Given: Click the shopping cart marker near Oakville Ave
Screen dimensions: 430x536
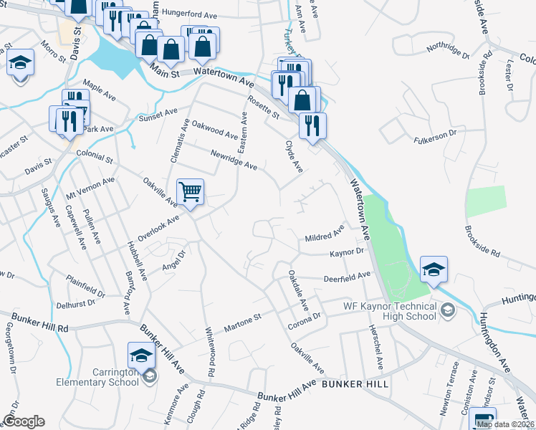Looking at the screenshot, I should (190, 191).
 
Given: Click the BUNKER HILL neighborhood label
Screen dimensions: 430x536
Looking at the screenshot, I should (355, 384).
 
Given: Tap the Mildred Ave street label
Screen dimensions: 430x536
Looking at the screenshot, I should (325, 234).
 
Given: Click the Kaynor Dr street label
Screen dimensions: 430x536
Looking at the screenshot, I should (348, 253).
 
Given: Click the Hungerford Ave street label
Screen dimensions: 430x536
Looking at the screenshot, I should (190, 12).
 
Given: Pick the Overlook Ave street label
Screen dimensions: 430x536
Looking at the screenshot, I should (158, 228).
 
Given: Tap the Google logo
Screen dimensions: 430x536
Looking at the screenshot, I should (24, 421).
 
